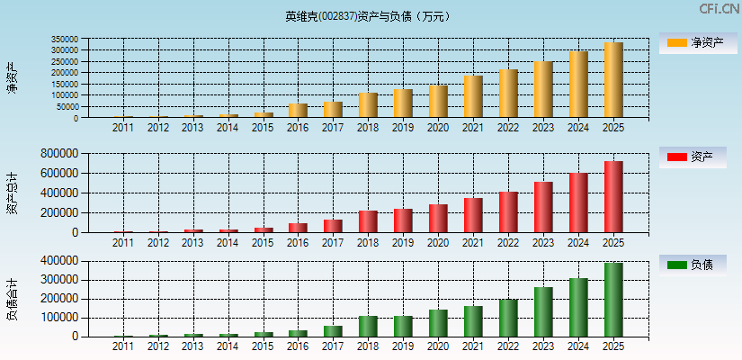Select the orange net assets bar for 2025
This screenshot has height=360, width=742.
coord(613,80)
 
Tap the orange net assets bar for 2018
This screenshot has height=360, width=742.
coord(368,105)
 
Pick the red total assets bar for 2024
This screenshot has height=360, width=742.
coord(578,202)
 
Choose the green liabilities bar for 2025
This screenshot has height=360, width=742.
coord(613,300)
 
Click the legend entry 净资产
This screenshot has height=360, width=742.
coord(693,42)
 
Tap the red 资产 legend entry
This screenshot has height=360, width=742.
coord(693,157)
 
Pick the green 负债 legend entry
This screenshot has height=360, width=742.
coord(693,265)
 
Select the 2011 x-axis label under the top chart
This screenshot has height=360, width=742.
coord(122,128)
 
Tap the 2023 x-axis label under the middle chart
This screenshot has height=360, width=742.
coord(543,243)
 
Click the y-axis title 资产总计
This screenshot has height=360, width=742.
coord(12,193)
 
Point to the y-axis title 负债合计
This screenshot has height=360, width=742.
coord(12,300)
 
